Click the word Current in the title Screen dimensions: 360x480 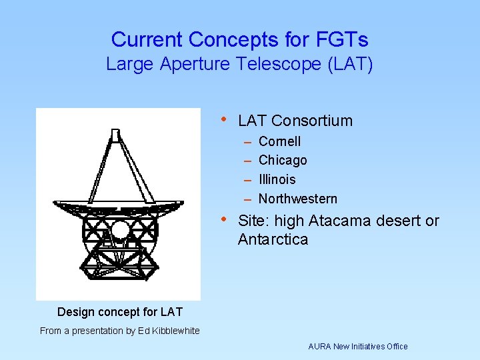147,40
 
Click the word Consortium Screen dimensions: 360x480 312,121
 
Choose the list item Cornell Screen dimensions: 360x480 279,141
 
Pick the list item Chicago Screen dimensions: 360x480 283,160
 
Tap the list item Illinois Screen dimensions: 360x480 277,179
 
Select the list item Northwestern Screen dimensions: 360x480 297,199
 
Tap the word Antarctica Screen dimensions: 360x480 273,239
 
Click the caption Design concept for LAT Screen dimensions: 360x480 119,312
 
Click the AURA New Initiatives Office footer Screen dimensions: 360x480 357,346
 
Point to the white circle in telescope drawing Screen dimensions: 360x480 120,231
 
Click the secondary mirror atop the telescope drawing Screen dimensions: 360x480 116,136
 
